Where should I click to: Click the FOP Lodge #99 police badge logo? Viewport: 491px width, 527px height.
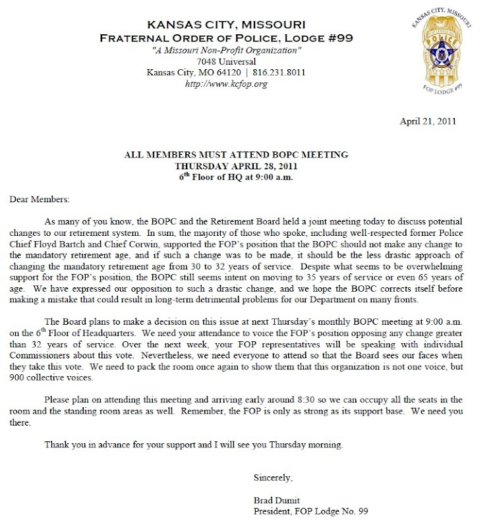coord(443,52)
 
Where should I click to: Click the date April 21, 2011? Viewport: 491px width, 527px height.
coord(428,121)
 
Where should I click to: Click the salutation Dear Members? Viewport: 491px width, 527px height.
coord(39,198)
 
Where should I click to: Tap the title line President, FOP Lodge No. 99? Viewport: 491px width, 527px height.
coord(306,511)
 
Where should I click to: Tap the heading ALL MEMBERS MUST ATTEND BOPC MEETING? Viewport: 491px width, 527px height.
coord(236,155)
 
